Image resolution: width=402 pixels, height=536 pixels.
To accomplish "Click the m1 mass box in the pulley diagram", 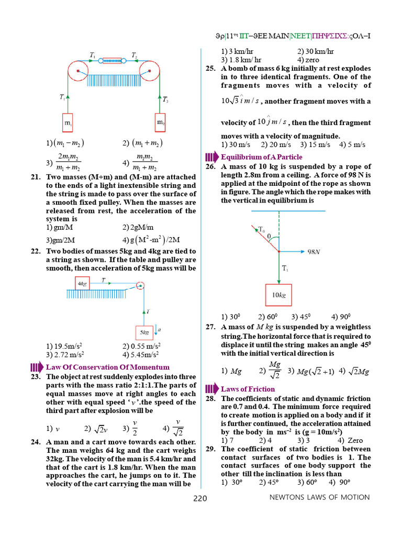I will [x=68, y=124].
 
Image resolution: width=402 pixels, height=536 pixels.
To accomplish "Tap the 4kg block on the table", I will [x=82, y=284].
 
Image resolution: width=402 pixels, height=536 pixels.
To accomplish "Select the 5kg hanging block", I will [x=144, y=332].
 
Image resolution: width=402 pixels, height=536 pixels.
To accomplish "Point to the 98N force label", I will [x=314, y=252].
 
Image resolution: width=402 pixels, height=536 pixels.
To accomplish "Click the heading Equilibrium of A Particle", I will [x=261, y=157].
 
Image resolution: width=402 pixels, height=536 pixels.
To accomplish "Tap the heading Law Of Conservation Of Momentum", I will [x=108, y=367].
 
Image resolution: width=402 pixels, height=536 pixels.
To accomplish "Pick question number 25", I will [x=210, y=69].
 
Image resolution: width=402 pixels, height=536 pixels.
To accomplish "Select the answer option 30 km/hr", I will [x=316, y=51].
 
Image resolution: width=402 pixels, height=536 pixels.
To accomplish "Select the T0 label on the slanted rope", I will [x=262, y=229].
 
